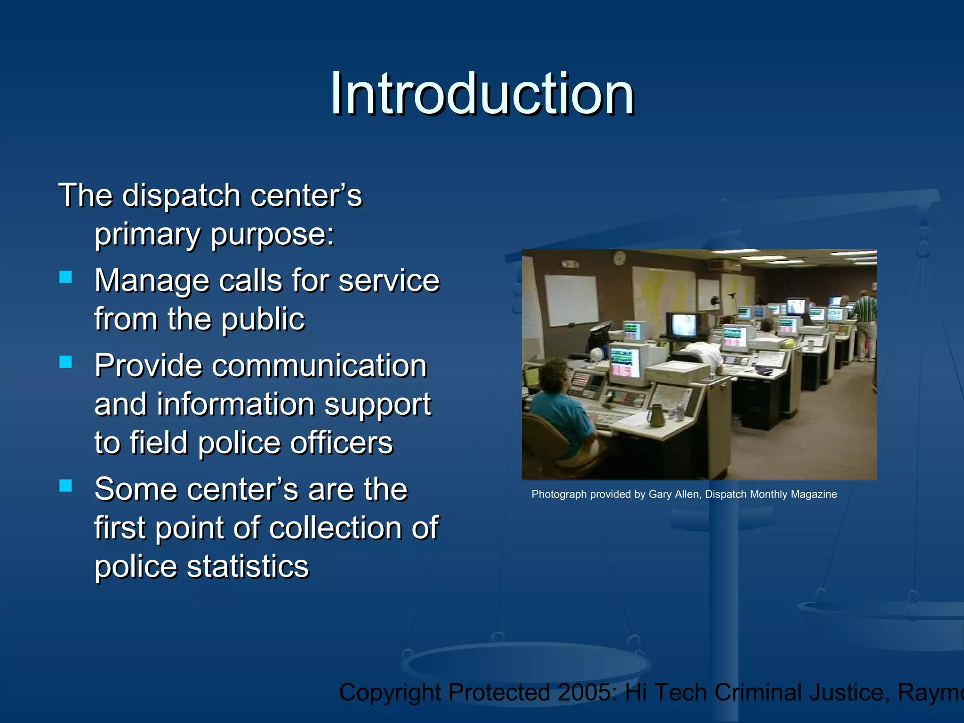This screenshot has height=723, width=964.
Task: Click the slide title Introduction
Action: (482, 94)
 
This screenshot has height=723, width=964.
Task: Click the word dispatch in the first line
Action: (181, 195)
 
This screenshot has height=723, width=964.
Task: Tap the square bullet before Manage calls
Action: (66, 277)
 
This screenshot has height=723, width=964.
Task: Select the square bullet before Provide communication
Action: (66, 361)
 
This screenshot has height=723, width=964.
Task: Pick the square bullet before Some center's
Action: (66, 485)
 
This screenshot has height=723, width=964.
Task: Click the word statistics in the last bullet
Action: (248, 566)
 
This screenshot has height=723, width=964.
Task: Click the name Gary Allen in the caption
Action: (674, 494)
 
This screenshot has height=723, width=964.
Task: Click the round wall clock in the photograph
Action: (619, 258)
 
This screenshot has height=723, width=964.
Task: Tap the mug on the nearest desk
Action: (656, 416)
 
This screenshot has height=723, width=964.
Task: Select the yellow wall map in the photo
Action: (659, 292)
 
